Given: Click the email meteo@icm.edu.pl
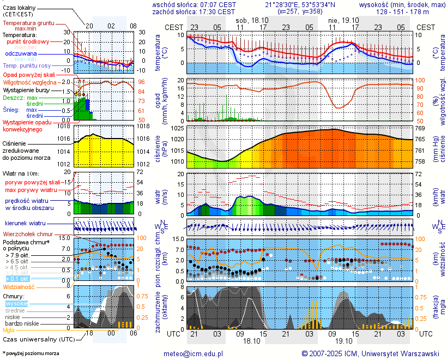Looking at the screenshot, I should [x=193, y=353].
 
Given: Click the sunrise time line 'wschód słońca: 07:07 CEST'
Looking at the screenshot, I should [x=194, y=4].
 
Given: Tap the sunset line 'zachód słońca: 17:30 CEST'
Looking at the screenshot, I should [x=194, y=11].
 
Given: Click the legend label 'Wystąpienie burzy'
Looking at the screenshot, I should [x=26, y=89].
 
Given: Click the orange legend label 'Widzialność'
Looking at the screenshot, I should [x=19, y=286].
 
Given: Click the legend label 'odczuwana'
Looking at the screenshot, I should [x=21, y=54].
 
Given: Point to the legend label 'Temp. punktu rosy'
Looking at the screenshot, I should [x=27, y=65].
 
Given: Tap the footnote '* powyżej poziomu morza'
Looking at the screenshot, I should [x=31, y=353].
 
